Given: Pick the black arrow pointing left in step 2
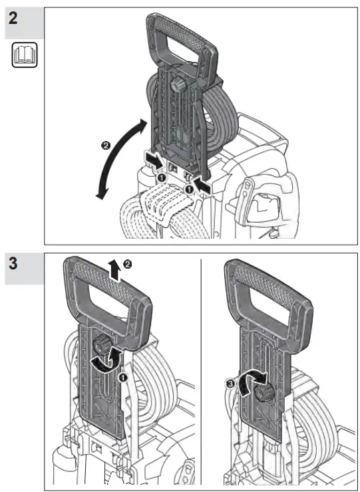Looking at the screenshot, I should pos(205,189).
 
